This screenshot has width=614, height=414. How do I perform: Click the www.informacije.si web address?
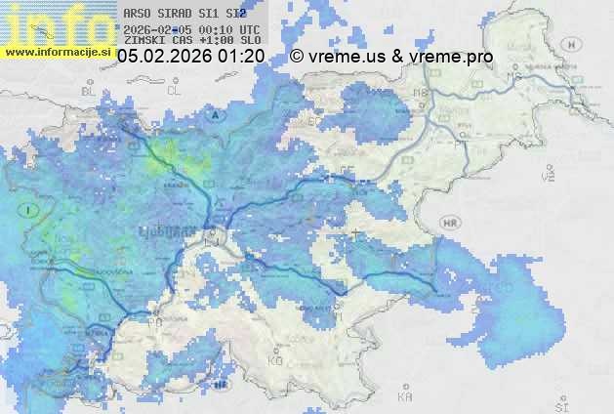coord(57,51)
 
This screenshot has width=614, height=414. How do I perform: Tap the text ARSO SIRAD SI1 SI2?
coord(185,15)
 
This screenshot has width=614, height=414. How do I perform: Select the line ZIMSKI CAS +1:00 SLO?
coord(185,41)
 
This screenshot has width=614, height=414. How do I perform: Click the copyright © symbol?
coord(297,57)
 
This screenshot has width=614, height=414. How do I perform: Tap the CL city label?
coord(175,90)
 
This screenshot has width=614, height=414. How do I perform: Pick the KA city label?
coord(405,396)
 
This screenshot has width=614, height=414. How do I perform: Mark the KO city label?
coord(275,360)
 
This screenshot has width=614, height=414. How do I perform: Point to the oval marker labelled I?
coord(31,210)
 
